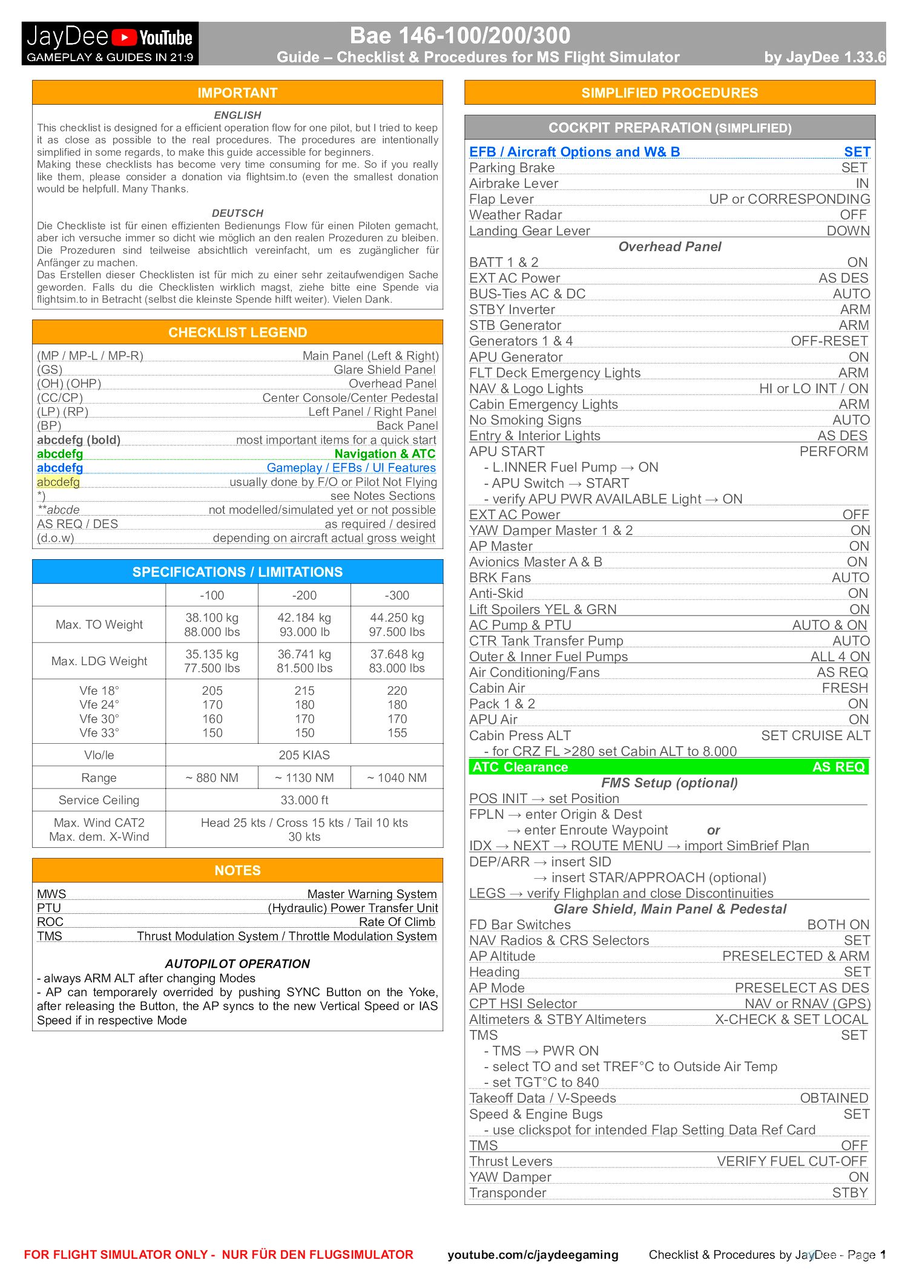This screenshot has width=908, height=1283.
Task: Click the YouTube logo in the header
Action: coord(153,38)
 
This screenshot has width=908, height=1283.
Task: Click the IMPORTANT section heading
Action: coord(237,93)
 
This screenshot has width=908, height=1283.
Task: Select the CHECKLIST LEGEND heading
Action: coord(237,333)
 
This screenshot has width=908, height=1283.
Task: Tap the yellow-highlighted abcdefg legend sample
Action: coord(58,482)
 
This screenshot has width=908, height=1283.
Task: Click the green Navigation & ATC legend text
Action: coord(384,454)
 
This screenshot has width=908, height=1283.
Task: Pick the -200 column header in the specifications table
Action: coord(304,596)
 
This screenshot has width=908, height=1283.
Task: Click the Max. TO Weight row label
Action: coord(99,625)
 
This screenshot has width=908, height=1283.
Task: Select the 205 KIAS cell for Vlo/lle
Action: coord(304,755)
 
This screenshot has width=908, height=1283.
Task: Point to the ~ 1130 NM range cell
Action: coord(304,778)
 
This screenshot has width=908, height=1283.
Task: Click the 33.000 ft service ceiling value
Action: coord(304,801)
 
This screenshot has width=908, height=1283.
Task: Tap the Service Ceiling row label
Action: coord(99,801)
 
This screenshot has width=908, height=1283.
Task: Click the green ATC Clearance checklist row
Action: coord(669,767)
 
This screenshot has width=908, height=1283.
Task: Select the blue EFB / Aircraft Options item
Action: coord(574,152)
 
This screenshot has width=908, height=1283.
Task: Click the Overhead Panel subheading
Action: coord(669,247)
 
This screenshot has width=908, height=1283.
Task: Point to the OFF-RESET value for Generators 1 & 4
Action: coord(829,341)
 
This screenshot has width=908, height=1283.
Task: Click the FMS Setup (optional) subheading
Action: coord(669,783)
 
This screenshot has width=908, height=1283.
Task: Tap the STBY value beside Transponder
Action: coord(850,1193)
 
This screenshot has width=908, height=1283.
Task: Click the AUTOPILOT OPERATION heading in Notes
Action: coord(237,964)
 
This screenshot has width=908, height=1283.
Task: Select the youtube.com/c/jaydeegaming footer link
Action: coord(533,1255)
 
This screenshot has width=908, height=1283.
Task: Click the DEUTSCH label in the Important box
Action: coord(237,214)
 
